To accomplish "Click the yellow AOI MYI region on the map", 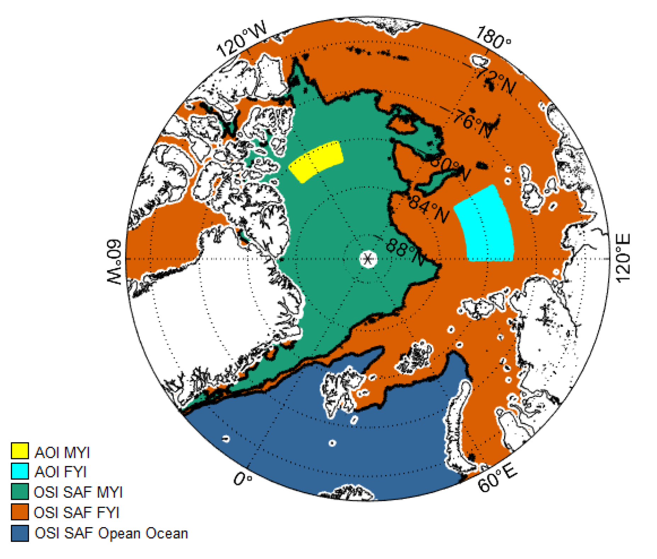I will coord(316,161).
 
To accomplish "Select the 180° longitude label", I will coord(493,38).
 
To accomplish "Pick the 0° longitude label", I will coord(243,479).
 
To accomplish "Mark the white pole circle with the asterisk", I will coord(368,258).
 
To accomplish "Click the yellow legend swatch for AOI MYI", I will coord(20,451).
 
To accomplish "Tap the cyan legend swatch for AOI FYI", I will coord(20,471).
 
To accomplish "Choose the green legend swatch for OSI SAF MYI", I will coord(20,492).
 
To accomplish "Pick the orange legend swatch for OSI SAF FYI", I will coord(20,512).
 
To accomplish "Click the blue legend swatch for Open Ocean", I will coord(20,533).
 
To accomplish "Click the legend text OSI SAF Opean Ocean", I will coord(111,533).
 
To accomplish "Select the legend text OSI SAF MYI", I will coord(78,492).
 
